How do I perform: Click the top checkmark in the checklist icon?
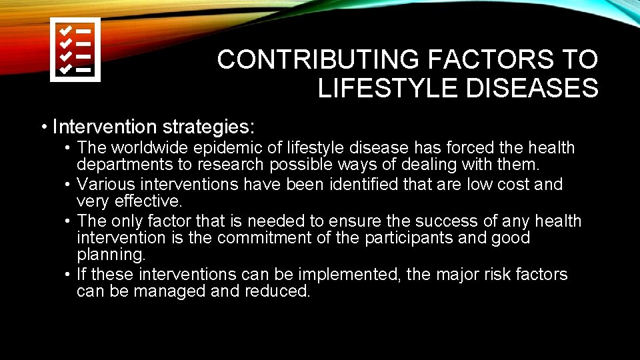pos(66,31)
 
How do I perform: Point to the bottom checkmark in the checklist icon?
pos(66,68)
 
